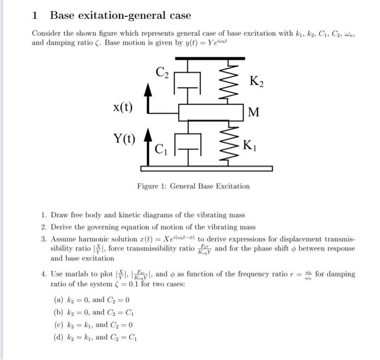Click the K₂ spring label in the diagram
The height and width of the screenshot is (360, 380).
257,82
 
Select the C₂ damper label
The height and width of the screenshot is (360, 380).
162,71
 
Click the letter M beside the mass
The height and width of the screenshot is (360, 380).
253,112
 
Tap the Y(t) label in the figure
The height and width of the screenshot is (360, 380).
125,138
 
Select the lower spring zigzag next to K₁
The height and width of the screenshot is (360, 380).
229,143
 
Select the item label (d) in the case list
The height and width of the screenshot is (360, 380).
59,337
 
